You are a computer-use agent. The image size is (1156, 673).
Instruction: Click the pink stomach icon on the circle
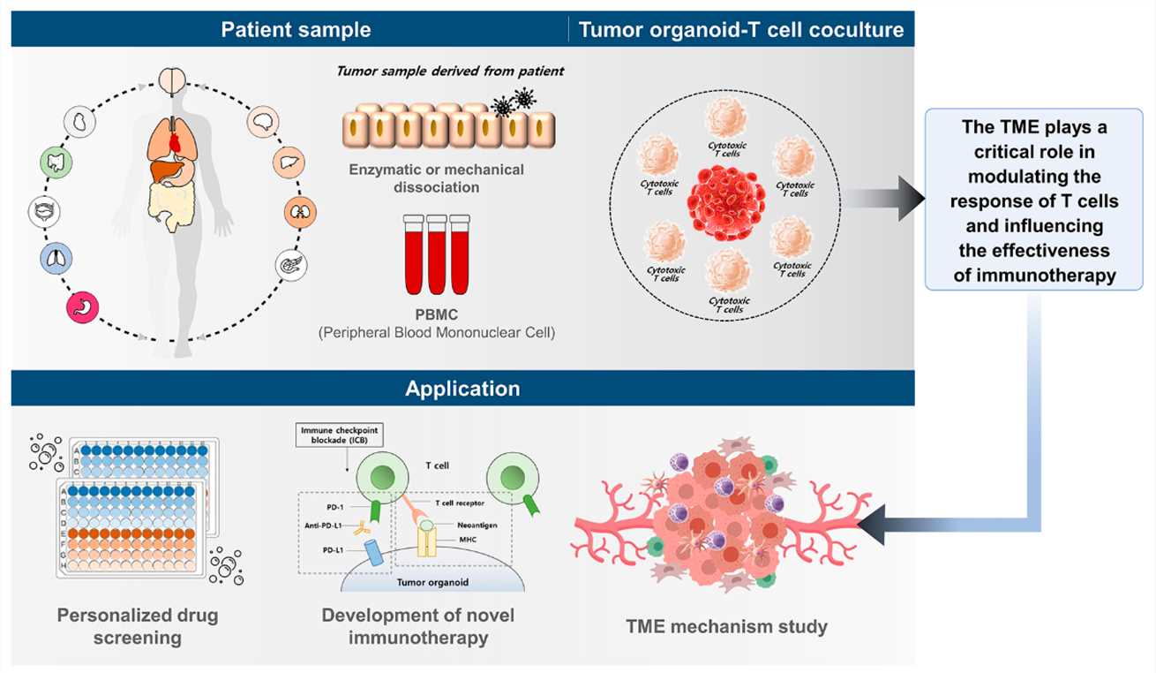(83, 308)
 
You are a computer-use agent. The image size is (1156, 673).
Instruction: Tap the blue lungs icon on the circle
(55, 259)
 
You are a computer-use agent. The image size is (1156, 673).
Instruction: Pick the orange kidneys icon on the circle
(298, 212)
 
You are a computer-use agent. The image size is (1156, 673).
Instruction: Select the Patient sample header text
(296, 30)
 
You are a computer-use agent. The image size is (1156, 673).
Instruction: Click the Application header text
(462, 389)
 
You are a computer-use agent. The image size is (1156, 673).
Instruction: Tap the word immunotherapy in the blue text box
(1034, 275)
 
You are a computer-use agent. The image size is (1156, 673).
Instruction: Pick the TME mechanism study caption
(727, 627)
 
